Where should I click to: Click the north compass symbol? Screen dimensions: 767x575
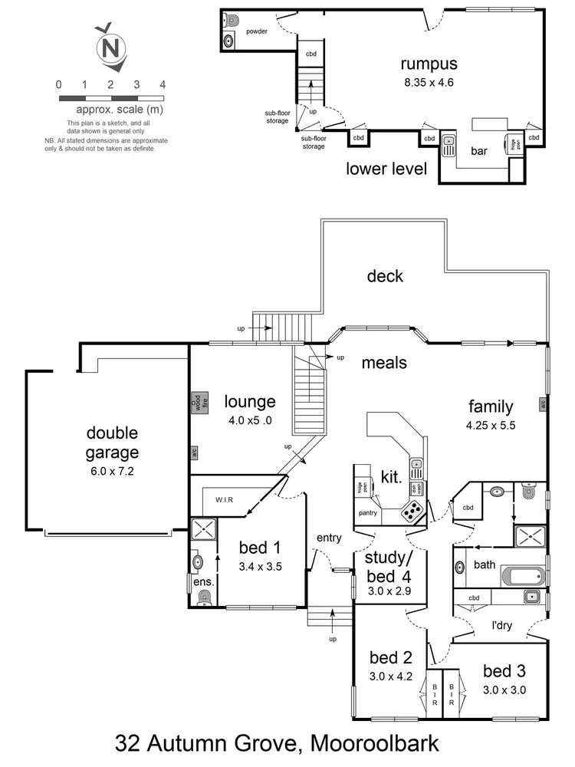pos(110,48)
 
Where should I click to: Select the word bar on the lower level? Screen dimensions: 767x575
pos(480,152)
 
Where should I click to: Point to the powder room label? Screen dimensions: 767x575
pos(257,32)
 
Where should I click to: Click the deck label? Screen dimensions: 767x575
pos(384,276)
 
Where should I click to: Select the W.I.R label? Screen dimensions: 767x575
pos(224,500)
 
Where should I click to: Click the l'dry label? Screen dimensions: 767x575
pos(502,625)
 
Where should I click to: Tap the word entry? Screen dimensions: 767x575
pos(328,538)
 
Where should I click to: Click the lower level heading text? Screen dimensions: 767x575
pos(386,169)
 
